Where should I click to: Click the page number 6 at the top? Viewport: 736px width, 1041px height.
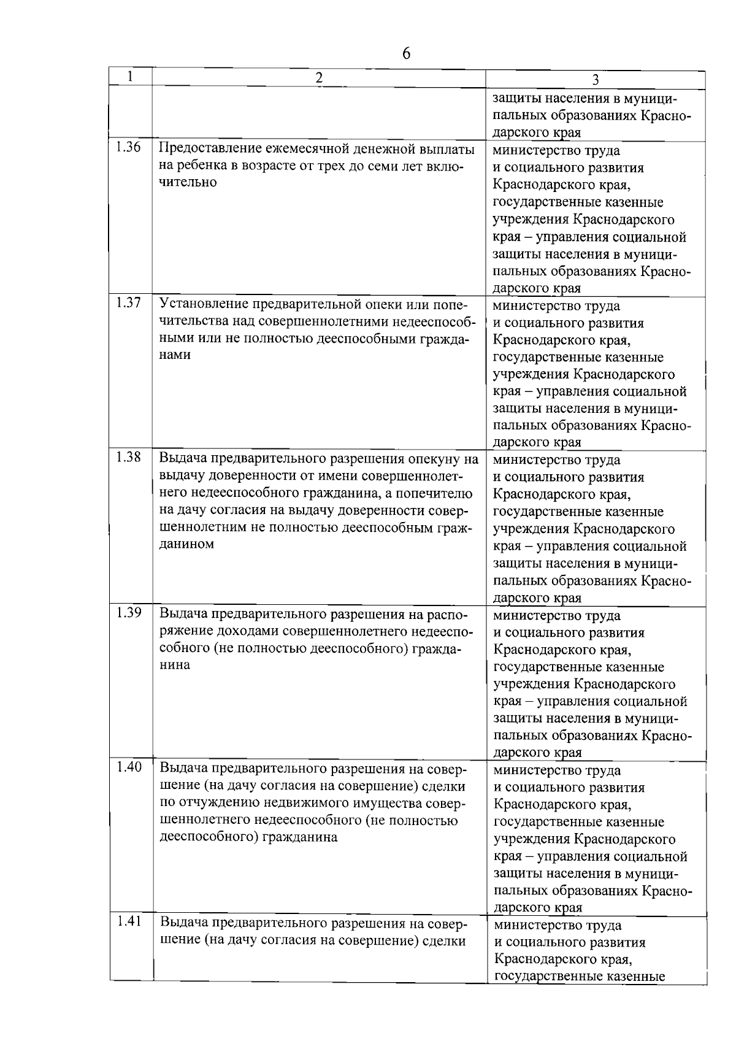coord(406,53)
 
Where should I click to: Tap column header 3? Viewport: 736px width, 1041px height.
coord(595,80)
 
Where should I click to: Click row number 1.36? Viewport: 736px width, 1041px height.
coord(128,147)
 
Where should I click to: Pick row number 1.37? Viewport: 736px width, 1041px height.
coord(128,302)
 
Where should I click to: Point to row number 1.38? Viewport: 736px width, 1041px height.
coord(128,457)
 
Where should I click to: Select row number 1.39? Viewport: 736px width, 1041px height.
coord(128,612)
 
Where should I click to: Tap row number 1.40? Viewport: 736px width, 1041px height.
coord(128,767)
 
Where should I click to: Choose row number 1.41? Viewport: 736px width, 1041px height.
coord(128,921)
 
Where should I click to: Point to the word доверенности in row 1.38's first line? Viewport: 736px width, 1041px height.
coord(245,476)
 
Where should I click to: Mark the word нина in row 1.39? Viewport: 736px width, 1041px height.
coord(175,665)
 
